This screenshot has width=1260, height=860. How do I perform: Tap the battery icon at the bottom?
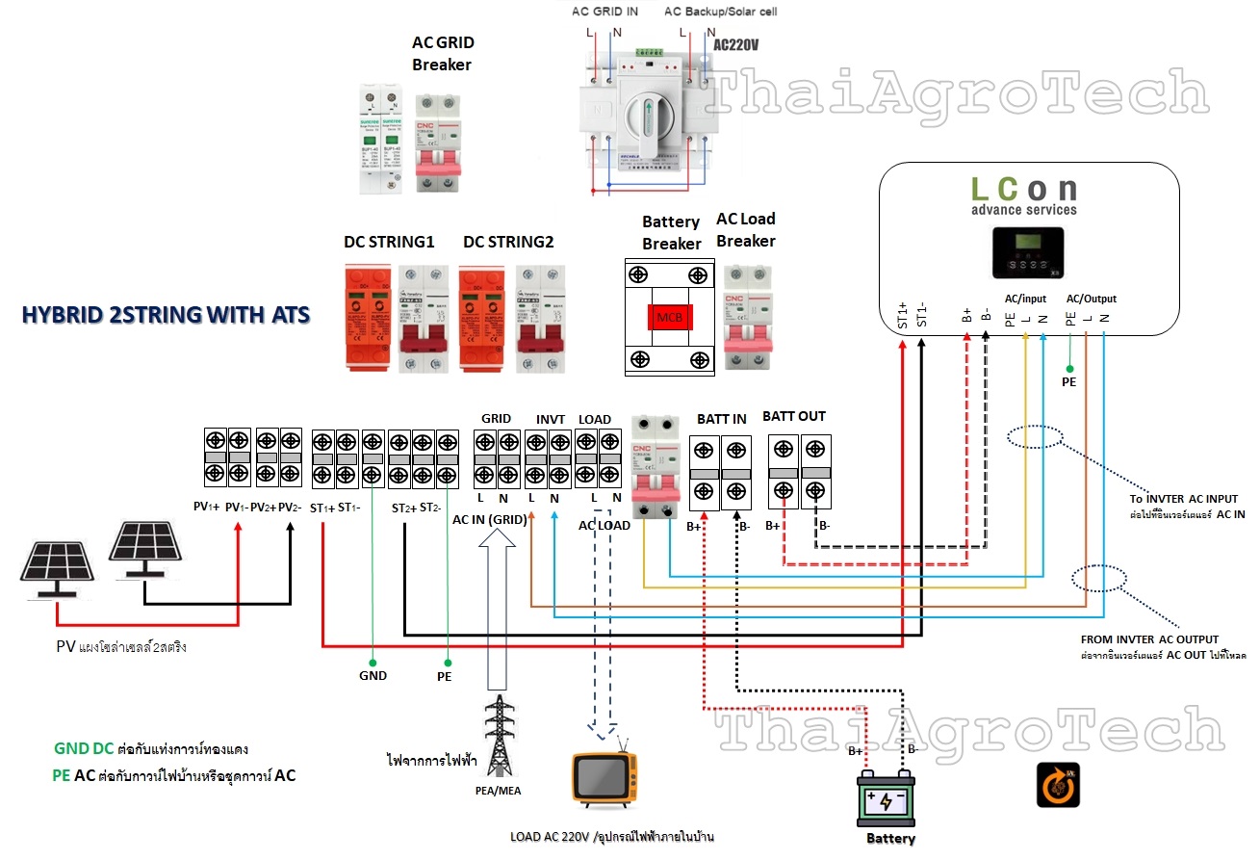(886, 799)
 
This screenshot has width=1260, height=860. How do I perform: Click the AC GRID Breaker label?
(442, 54)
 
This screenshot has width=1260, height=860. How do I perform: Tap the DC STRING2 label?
(507, 242)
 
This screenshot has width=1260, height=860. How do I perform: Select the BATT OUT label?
(794, 417)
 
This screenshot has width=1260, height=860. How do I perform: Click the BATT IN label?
(721, 419)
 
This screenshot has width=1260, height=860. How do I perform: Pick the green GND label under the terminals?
(373, 675)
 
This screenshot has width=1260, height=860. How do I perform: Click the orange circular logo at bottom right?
(1057, 785)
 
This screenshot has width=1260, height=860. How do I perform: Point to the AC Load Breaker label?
(745, 230)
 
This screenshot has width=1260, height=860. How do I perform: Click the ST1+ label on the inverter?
(903, 314)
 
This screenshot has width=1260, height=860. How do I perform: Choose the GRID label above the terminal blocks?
(496, 419)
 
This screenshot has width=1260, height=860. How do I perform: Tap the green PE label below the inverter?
(1068, 381)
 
